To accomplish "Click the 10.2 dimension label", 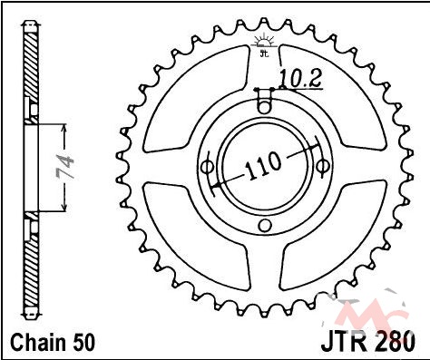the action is [x=300, y=80].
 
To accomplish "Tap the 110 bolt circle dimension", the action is [x=263, y=165].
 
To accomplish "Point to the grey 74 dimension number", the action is [x=65, y=167].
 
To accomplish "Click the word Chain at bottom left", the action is [x=38, y=342].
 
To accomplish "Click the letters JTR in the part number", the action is [x=346, y=342].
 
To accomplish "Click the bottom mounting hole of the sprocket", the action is [x=265, y=225].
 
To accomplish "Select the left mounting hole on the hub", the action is [x=208, y=167].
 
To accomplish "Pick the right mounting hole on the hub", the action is [x=322, y=165].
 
